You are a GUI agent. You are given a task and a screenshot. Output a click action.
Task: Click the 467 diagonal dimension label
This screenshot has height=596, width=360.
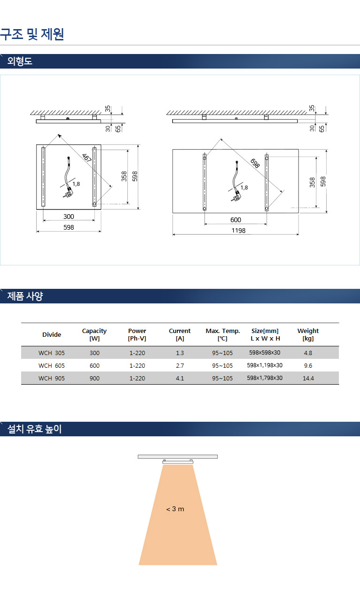[87, 158]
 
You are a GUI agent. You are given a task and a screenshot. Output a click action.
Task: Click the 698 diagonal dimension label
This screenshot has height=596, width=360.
[255, 163]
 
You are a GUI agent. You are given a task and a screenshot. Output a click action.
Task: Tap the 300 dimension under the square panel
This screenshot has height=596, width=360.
[69, 217]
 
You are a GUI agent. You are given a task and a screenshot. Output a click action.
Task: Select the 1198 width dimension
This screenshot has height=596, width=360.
[238, 231]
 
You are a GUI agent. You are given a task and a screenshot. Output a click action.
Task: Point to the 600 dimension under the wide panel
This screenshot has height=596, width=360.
[236, 220]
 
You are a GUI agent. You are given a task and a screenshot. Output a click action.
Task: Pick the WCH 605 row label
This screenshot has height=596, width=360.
[52, 365]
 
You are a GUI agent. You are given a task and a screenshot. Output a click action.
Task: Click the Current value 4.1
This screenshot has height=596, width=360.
[180, 378]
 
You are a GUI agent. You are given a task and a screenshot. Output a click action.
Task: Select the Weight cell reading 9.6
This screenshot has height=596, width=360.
[308, 365]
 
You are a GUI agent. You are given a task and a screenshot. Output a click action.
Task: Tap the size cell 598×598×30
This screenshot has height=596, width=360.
[265, 353]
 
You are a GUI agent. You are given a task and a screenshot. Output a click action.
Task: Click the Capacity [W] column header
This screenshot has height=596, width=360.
[94, 334]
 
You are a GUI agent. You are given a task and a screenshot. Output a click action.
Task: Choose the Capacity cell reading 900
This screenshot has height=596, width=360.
[94, 378]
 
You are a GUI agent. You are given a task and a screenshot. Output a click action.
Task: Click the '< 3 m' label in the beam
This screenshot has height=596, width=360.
[175, 509]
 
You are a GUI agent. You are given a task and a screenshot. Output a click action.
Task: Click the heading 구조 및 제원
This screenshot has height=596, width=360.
[32, 34]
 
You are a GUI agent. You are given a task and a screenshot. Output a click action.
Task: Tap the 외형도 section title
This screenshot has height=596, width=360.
[20, 61]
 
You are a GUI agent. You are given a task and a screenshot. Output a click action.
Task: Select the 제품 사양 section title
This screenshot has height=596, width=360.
[25, 296]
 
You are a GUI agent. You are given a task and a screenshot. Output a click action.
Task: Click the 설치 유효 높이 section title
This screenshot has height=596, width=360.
[34, 429]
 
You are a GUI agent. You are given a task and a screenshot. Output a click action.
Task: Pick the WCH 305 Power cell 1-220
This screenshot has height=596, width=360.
[137, 353]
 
